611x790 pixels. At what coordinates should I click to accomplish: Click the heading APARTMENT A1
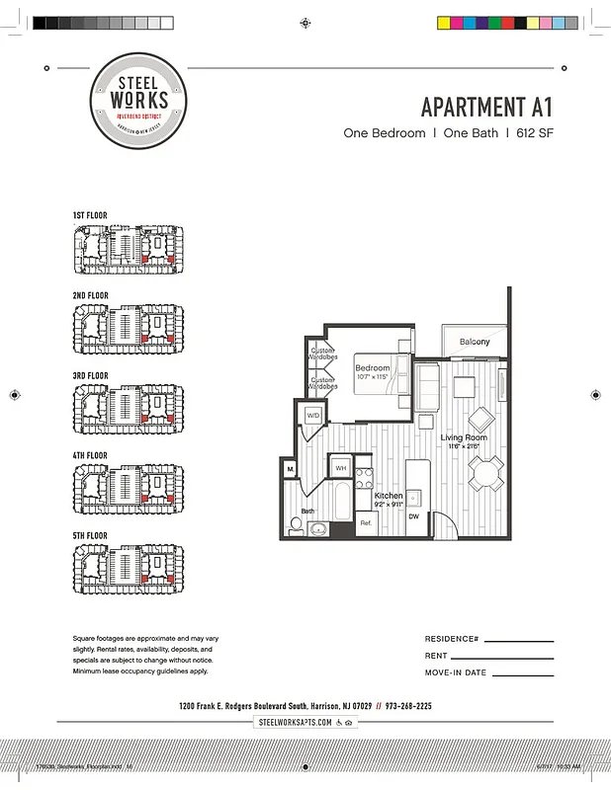[487, 107]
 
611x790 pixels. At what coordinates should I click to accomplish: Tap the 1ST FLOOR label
[90, 215]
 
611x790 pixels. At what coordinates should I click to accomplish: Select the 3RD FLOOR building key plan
[128, 410]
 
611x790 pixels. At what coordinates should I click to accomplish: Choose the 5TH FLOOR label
[90, 535]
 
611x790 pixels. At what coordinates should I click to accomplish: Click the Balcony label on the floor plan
[474, 342]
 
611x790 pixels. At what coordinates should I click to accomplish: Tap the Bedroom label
[373, 368]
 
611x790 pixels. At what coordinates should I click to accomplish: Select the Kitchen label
[389, 496]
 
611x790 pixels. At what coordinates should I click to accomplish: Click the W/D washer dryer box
[313, 415]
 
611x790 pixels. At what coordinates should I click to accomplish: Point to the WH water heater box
[341, 467]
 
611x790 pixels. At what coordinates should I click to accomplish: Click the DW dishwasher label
[414, 516]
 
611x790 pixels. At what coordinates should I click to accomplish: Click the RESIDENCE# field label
[452, 639]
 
